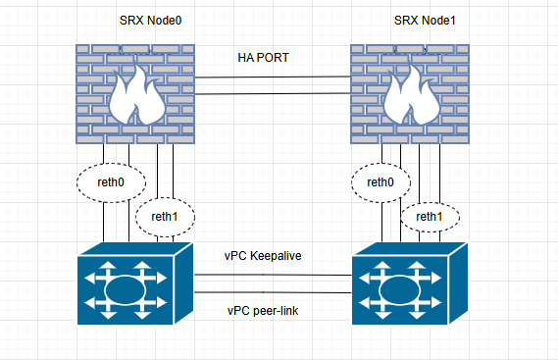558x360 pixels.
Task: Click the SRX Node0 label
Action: click(x=150, y=21)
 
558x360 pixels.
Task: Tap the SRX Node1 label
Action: click(x=425, y=21)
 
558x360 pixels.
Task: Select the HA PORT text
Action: click(x=263, y=58)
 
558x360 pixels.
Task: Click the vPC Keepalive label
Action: click(x=263, y=256)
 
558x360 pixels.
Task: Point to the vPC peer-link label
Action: click(x=263, y=311)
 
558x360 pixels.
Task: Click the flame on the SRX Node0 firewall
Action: click(x=136, y=96)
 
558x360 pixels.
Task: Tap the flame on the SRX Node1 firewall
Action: click(x=411, y=96)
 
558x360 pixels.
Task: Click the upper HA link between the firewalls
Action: click(x=273, y=77)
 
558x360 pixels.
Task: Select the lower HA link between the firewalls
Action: click(x=273, y=94)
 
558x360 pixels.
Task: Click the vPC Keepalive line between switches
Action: click(x=273, y=275)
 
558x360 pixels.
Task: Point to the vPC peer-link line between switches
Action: click(x=273, y=292)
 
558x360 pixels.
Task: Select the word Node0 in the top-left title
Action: click(x=165, y=21)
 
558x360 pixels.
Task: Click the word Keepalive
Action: click(x=276, y=256)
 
